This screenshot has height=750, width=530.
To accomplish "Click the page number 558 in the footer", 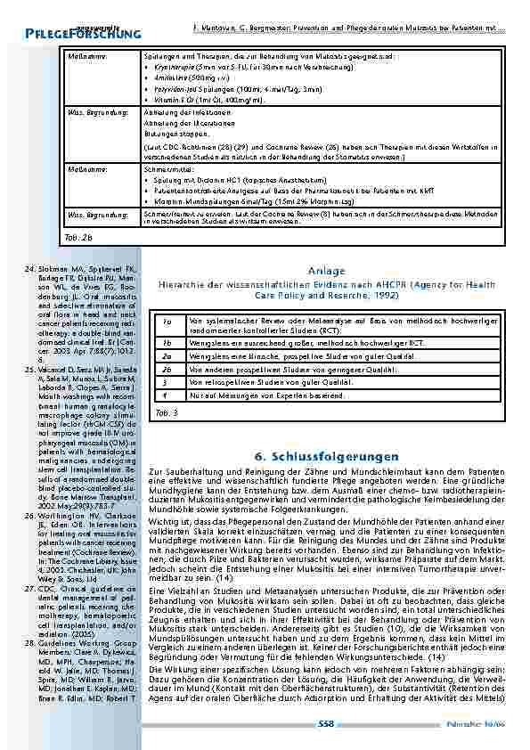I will (325, 724).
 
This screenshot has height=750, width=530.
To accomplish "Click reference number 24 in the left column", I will (27, 267).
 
